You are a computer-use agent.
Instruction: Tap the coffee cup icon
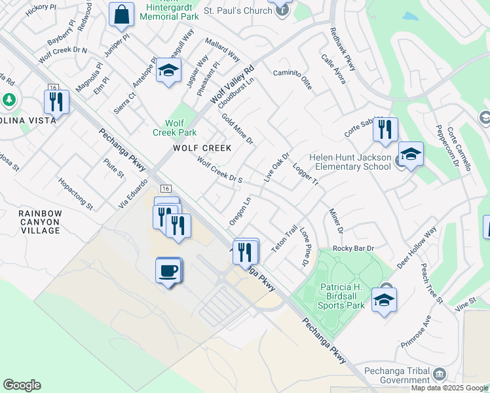click(168, 270)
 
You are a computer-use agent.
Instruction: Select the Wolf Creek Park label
click(175, 127)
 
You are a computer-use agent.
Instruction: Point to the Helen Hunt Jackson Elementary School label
click(341, 162)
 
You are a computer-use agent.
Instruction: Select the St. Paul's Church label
click(237, 10)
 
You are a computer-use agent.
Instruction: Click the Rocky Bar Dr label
click(353, 248)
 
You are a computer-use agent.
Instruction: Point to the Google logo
click(22, 385)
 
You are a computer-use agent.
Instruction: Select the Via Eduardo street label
click(133, 194)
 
